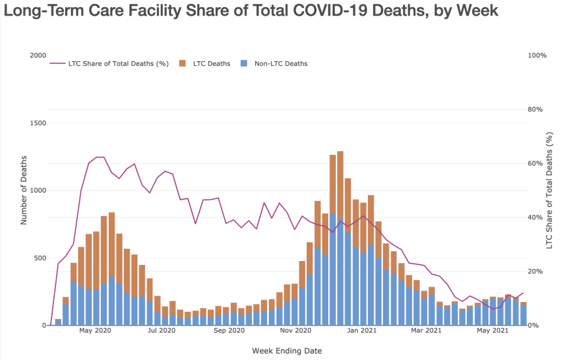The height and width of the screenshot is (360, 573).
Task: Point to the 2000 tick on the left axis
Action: (37, 56)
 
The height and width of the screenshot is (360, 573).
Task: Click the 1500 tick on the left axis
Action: (37, 123)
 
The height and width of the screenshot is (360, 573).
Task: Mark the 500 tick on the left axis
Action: (39, 258)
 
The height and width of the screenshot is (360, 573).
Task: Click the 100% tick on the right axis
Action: (537, 56)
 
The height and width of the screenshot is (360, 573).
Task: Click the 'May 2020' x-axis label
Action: (95, 331)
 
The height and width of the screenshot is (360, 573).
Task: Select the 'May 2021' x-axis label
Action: (492, 331)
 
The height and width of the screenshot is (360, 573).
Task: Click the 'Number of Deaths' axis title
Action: (24, 190)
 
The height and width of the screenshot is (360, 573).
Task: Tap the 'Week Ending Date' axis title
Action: (286, 351)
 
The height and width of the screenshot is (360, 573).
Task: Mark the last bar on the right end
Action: (524, 314)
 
